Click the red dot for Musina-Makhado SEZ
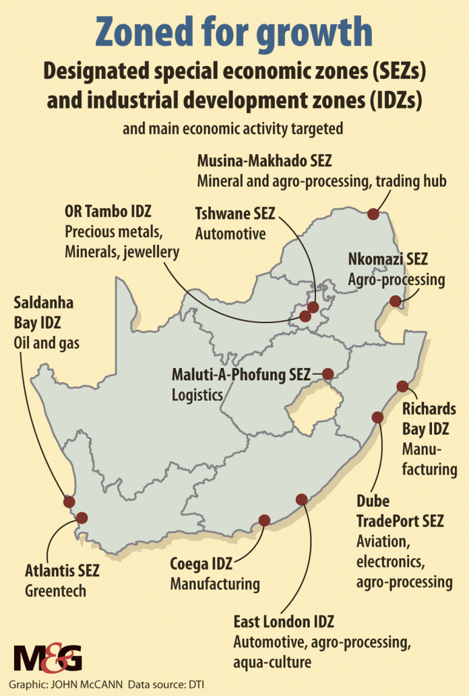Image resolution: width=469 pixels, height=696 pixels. (373, 214)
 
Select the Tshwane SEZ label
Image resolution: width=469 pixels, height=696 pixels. (235, 214)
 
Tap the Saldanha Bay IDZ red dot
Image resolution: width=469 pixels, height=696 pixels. (69, 501)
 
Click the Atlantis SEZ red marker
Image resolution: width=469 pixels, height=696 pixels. (82, 518)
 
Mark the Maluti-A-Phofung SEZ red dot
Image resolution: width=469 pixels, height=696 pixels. (328, 374)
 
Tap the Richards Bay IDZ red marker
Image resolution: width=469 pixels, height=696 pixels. (403, 386)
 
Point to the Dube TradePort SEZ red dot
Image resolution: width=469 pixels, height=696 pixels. (377, 417)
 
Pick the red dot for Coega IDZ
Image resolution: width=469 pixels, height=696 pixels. (264, 520)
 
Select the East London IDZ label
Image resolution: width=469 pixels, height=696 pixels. (284, 621)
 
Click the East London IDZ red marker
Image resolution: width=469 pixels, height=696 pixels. (301, 499)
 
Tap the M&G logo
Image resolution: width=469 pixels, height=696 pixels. (47, 657)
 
